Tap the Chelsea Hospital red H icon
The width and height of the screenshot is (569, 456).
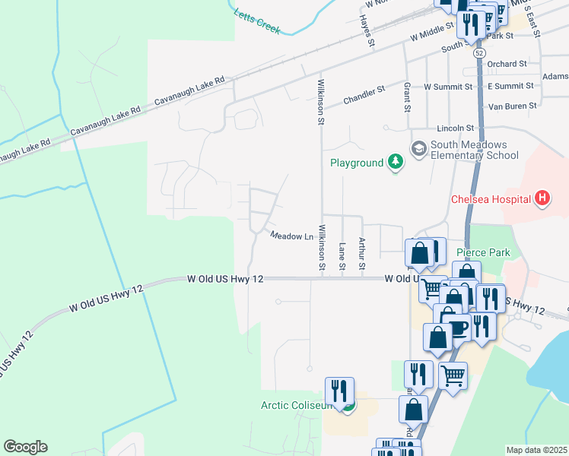(542, 199)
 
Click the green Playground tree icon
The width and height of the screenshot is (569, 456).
(395, 162)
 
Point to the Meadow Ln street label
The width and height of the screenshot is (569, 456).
(292, 236)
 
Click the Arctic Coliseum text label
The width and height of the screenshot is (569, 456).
(296, 405)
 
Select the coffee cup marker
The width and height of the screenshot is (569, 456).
(459, 327)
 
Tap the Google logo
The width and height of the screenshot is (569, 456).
(25, 447)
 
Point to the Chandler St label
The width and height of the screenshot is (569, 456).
(364, 95)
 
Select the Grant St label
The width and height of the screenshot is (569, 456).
(408, 96)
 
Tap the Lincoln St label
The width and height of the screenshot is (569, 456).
(456, 128)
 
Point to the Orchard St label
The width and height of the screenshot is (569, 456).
(507, 65)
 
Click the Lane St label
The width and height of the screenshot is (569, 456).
(342, 255)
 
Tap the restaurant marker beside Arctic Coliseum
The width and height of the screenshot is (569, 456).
(339, 391)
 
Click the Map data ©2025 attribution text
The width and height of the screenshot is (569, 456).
(536, 450)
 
